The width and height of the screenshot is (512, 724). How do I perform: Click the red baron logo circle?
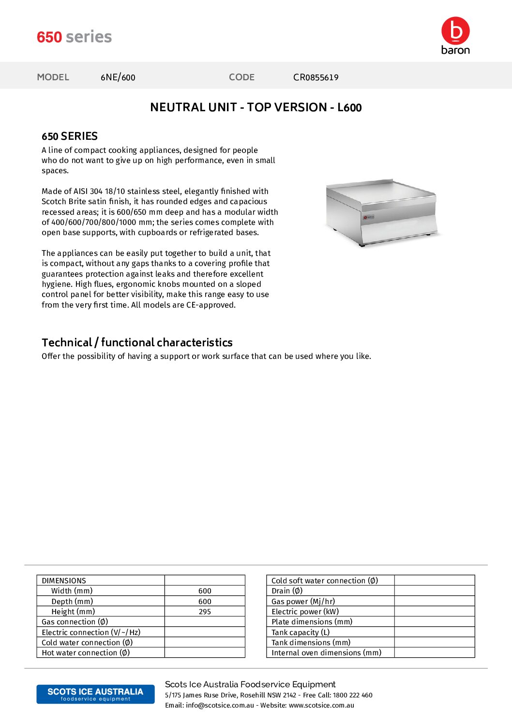[455, 31]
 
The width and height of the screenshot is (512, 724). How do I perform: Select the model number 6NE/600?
[118, 77]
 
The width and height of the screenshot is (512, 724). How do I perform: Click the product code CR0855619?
[316, 77]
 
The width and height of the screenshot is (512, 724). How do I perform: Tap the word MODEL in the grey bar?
[53, 77]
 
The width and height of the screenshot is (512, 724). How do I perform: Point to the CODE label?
[241, 77]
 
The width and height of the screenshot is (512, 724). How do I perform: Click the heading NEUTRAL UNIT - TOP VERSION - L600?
[256, 107]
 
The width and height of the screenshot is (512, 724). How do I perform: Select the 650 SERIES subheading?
[70, 136]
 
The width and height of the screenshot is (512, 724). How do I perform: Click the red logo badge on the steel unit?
[369, 217]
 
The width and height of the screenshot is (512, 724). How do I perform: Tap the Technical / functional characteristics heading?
[137, 342]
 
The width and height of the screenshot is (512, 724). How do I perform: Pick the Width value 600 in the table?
[205, 591]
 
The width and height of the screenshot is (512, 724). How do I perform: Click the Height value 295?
[205, 612]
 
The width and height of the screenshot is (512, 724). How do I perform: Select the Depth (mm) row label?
[72, 602]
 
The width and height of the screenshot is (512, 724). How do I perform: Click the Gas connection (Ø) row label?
[75, 622]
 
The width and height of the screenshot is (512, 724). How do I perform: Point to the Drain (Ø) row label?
[287, 591]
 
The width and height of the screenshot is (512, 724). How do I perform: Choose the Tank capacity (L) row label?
[301, 633]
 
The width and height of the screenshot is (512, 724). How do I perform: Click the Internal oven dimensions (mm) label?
[326, 653]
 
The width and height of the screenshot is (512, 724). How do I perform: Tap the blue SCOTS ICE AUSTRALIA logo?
[95, 694]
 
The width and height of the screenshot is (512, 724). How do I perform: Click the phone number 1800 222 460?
[352, 695]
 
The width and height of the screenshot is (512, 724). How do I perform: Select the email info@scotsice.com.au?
[220, 706]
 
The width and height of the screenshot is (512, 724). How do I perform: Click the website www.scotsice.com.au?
[321, 706]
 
